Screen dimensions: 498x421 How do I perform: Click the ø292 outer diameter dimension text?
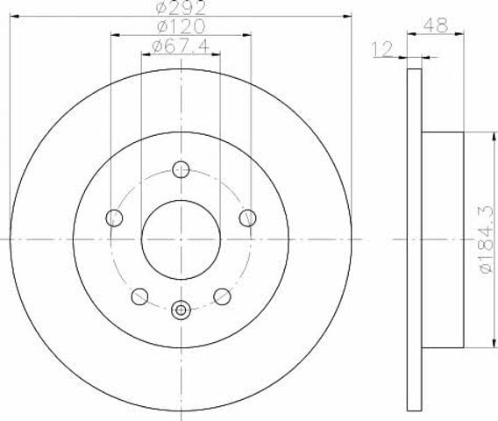[x=181, y=8]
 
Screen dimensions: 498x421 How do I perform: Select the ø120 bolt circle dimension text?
[x=181, y=26]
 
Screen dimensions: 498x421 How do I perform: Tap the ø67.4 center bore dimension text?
[x=181, y=46]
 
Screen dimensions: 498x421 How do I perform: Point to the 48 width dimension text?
[x=436, y=25]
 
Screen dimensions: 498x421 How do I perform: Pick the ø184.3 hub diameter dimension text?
[x=487, y=239]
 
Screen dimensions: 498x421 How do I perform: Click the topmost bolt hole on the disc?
[x=181, y=169]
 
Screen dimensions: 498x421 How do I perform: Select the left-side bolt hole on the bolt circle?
[x=114, y=218]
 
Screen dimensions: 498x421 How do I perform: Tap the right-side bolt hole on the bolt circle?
[x=248, y=218]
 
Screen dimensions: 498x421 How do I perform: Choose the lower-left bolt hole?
[x=139, y=296]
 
